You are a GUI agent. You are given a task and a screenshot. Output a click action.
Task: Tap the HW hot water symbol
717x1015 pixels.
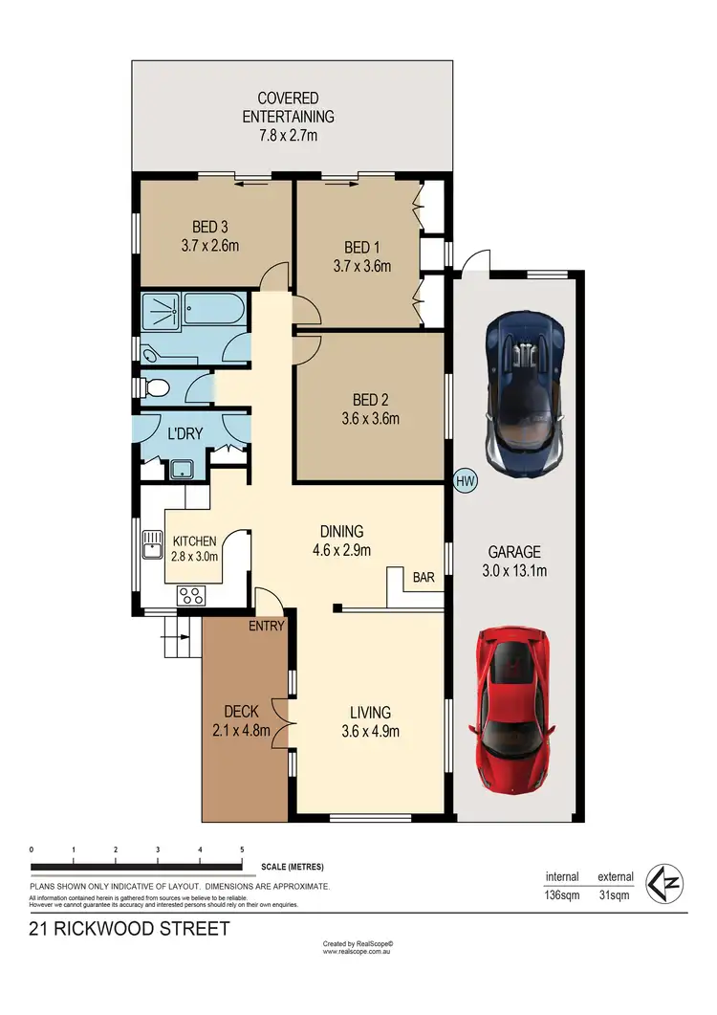[x=466, y=480]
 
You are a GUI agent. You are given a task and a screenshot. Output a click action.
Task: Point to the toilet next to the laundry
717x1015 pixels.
[x=156, y=387]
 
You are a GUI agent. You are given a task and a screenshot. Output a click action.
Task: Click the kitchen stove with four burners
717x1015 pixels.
[x=190, y=595]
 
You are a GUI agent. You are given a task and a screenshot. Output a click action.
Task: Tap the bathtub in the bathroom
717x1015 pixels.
[x=216, y=312]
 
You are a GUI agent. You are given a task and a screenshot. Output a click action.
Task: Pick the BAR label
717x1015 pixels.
[x=423, y=578]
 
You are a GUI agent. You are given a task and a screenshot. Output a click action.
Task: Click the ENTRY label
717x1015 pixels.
[x=267, y=626]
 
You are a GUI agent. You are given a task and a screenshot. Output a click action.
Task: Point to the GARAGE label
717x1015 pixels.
[x=514, y=552]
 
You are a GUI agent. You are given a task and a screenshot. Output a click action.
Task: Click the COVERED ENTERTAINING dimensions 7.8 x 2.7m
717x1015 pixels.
[x=288, y=135]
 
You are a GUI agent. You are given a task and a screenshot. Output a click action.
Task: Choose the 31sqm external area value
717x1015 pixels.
[x=613, y=895]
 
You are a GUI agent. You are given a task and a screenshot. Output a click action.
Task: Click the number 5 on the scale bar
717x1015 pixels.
[x=242, y=850]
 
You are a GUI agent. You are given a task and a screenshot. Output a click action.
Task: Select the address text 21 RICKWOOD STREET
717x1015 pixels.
[x=129, y=929]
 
